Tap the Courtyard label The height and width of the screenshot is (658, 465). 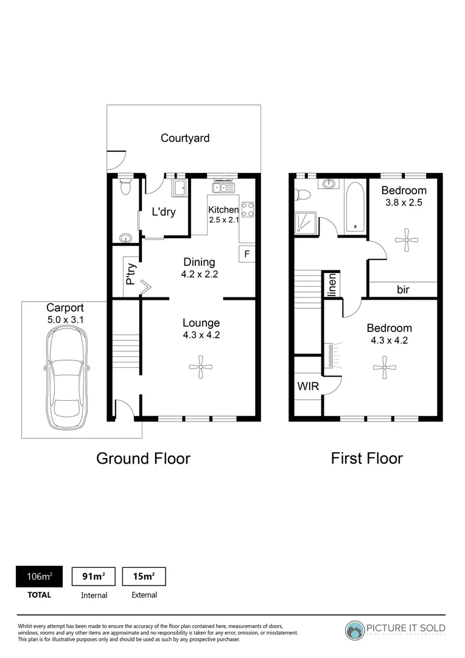point(185,138)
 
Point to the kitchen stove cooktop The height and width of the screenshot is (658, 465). point(248,210)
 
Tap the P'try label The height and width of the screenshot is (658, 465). point(130,274)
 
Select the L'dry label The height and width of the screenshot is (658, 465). point(164,212)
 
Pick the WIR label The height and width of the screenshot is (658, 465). point(308,386)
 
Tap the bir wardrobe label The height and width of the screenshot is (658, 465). point(403,290)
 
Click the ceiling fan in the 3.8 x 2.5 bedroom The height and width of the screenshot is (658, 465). point(403,239)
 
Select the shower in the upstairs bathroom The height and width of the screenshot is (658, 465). point(302,223)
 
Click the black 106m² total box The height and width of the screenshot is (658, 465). point(38,576)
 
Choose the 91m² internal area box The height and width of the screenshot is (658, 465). point(94,576)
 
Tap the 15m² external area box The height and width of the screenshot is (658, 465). point(144,576)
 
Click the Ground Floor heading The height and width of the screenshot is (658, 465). point(143,458)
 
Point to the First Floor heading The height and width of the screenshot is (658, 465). point(366,458)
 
